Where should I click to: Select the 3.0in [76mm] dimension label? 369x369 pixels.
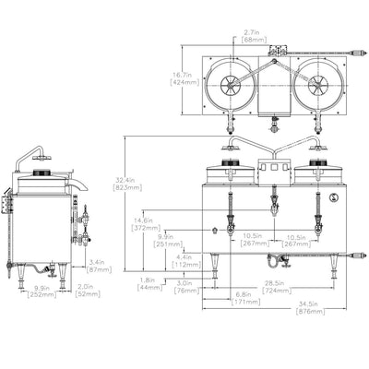[184, 286]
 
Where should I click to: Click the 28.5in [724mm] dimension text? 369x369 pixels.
[274, 286]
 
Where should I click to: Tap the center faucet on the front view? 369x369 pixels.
[273, 200]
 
